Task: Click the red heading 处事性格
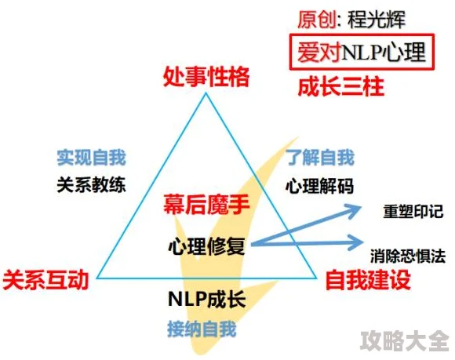coord(206,77)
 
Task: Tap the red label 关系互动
coord(45,280)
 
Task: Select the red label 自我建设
coord(368,280)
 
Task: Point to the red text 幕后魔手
coord(206,205)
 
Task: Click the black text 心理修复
coord(206,246)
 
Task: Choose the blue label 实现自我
coord(92,158)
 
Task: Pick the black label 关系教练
coord(92,185)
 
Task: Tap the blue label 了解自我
coord(320,158)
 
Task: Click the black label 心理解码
coord(320,186)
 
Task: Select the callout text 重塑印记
coord(413,212)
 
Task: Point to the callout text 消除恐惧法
coord(408,256)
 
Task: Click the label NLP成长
coord(207,299)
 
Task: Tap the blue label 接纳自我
coord(202,329)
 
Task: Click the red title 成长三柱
coord(341,87)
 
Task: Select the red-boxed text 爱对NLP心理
coord(362,53)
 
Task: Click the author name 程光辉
coord(376,20)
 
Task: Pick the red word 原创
coord(317,20)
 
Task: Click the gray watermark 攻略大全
coord(405,341)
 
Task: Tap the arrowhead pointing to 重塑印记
coord(354,211)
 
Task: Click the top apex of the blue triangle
coord(206,93)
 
